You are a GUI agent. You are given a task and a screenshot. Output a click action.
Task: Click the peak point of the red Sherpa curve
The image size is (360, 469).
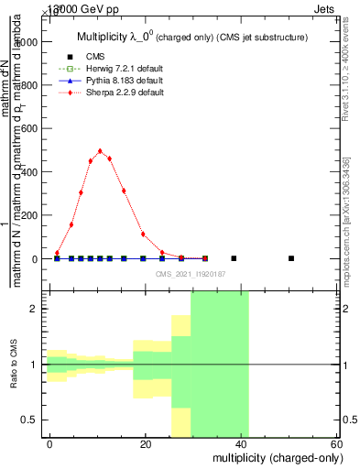[100, 151]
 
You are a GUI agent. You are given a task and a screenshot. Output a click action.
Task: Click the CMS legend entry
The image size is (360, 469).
[95, 56]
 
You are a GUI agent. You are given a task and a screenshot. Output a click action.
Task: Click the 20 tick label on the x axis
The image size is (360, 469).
[146, 443]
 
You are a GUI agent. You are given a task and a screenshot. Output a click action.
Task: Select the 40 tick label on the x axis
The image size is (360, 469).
[242, 443]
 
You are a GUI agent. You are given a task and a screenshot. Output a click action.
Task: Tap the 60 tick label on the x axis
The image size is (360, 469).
[337, 443]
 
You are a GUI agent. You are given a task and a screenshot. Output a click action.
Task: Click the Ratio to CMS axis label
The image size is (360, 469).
[13, 365]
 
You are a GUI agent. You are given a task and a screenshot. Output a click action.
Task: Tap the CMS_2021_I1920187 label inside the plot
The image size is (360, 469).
[191, 274]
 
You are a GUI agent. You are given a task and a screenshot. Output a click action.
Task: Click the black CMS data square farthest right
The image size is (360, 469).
[291, 258]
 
